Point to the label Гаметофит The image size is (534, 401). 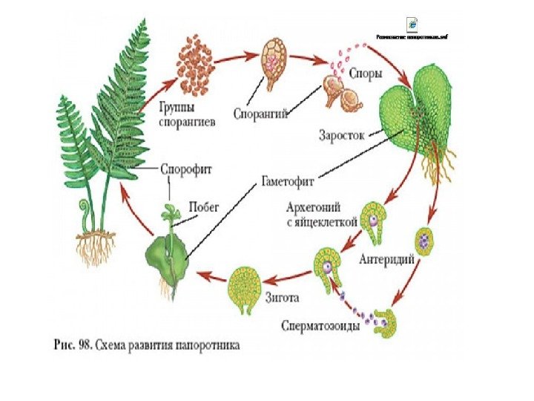pos(286,179)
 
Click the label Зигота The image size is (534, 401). pos(282,299)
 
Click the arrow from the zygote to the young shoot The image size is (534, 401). pos(212,278)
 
